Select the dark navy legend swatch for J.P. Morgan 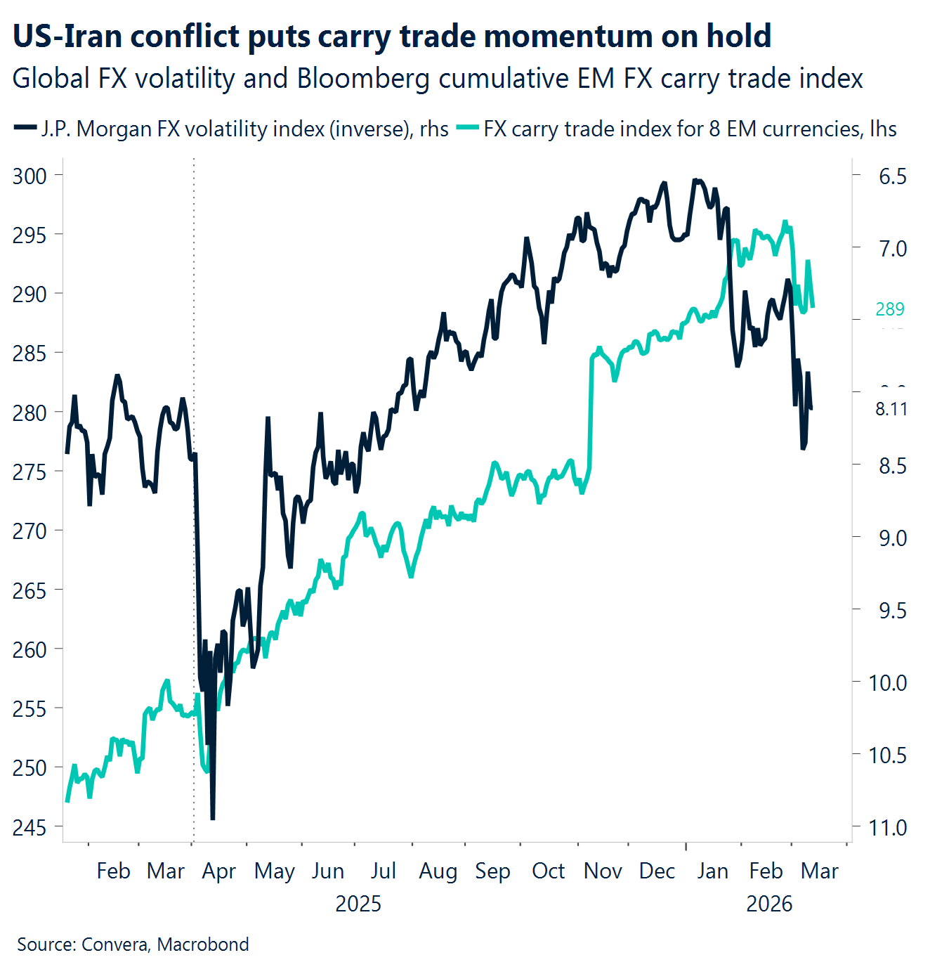25,128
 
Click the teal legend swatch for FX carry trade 467,128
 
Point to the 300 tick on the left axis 30,176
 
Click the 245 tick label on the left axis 30,827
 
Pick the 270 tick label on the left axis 30,531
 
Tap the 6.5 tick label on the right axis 892,176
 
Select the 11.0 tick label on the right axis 888,827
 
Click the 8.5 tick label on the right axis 892,466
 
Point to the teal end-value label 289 889,309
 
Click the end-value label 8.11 891,409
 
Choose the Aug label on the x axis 438,871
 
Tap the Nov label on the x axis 603,871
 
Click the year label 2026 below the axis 768,904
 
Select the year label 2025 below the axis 358,904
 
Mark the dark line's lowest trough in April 213,817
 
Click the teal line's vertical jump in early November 591,415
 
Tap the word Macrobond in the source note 203,944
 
